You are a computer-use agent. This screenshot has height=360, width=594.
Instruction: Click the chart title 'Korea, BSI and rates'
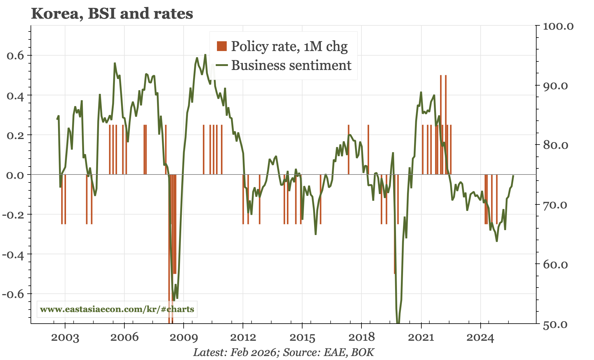(112, 14)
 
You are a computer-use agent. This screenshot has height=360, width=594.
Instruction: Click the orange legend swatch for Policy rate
(222, 46)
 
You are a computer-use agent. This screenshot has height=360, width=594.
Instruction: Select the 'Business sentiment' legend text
(291, 65)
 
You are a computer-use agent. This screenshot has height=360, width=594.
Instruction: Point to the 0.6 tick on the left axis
(15, 56)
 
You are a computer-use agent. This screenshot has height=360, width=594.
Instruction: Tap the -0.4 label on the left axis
(13, 255)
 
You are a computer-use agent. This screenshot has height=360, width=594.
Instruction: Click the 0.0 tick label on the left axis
(15, 175)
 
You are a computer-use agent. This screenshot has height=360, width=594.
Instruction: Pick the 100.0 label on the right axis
(558, 26)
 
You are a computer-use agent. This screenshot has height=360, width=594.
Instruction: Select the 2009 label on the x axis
(184, 338)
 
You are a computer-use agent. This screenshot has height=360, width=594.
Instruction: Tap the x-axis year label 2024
(480, 338)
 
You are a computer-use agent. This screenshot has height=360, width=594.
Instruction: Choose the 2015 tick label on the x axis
(302, 338)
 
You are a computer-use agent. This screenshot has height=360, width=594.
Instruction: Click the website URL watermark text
(117, 309)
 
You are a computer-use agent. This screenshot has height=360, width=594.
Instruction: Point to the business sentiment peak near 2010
(205, 55)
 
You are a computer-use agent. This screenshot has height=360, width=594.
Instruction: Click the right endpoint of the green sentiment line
(513, 176)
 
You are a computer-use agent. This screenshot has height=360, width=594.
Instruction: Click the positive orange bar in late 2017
(349, 150)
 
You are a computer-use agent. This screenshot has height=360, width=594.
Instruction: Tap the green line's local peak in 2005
(115, 63)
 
